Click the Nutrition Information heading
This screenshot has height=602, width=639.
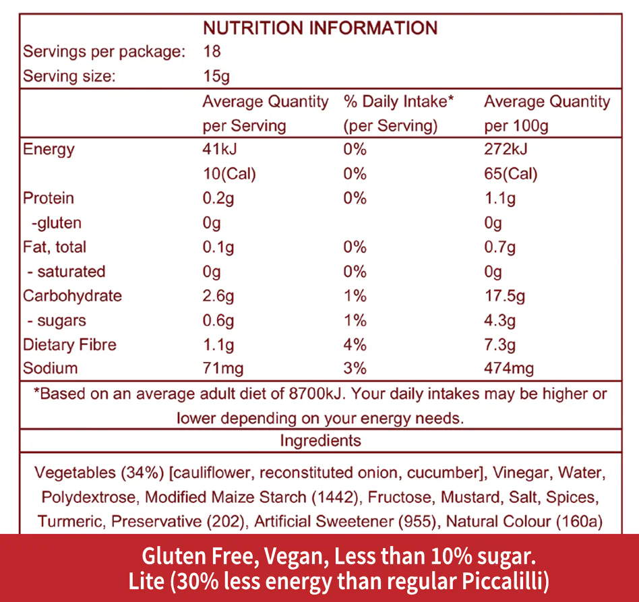(320, 28)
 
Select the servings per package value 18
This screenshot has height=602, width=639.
(212, 52)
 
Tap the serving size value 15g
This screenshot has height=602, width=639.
(216, 76)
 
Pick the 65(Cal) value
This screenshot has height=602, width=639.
(510, 174)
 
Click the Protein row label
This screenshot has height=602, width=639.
(49, 198)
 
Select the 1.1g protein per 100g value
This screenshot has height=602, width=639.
(499, 198)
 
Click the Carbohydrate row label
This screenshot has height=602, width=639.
(73, 296)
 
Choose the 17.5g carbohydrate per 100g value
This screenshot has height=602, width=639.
(505, 296)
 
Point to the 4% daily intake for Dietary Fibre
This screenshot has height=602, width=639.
(355, 344)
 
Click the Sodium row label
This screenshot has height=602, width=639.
(50, 368)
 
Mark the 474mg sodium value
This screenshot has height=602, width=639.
(509, 368)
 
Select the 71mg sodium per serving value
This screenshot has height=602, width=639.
(223, 368)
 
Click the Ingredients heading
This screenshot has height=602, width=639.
(320, 441)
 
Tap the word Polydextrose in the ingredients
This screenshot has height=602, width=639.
(90, 498)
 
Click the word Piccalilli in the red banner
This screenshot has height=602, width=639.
(508, 581)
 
